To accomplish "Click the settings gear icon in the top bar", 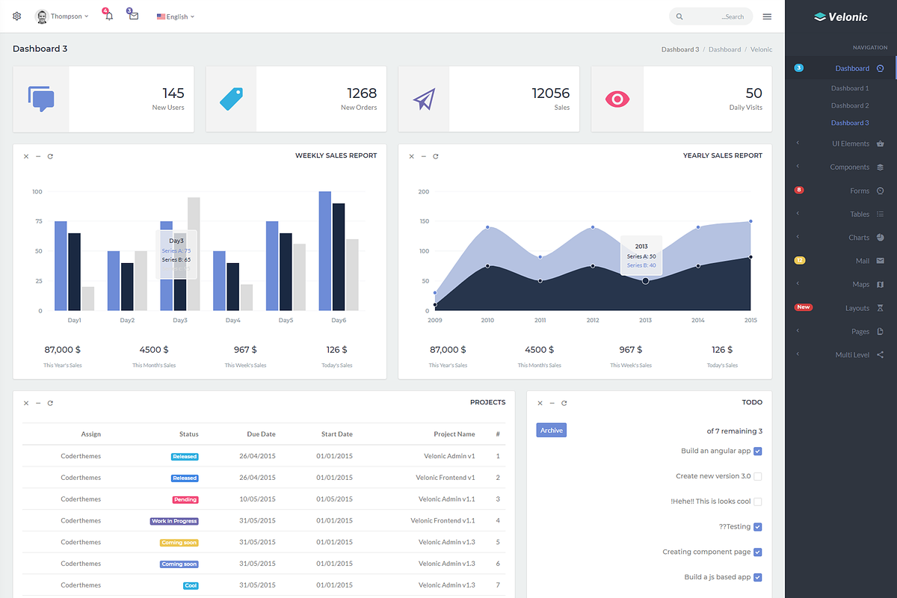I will click(17, 16).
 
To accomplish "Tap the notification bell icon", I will click(109, 16).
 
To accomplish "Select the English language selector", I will click(176, 16).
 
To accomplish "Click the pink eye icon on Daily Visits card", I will click(617, 99).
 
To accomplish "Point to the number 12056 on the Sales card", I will click(550, 93).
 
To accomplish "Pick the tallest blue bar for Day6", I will click(324, 250).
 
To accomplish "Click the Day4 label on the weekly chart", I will click(233, 320).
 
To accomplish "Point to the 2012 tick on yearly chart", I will click(593, 320).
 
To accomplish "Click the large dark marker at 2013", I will click(645, 280).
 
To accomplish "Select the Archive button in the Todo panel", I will click(551, 430).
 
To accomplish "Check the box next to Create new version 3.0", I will click(757, 476).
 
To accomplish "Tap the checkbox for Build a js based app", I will click(757, 577).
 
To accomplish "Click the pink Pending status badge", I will click(185, 499).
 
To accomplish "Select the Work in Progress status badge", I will click(174, 521).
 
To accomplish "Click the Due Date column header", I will click(261, 434).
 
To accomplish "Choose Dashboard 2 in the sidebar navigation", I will click(850, 105).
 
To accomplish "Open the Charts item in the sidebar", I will click(859, 238).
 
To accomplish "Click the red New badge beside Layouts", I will click(803, 307).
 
